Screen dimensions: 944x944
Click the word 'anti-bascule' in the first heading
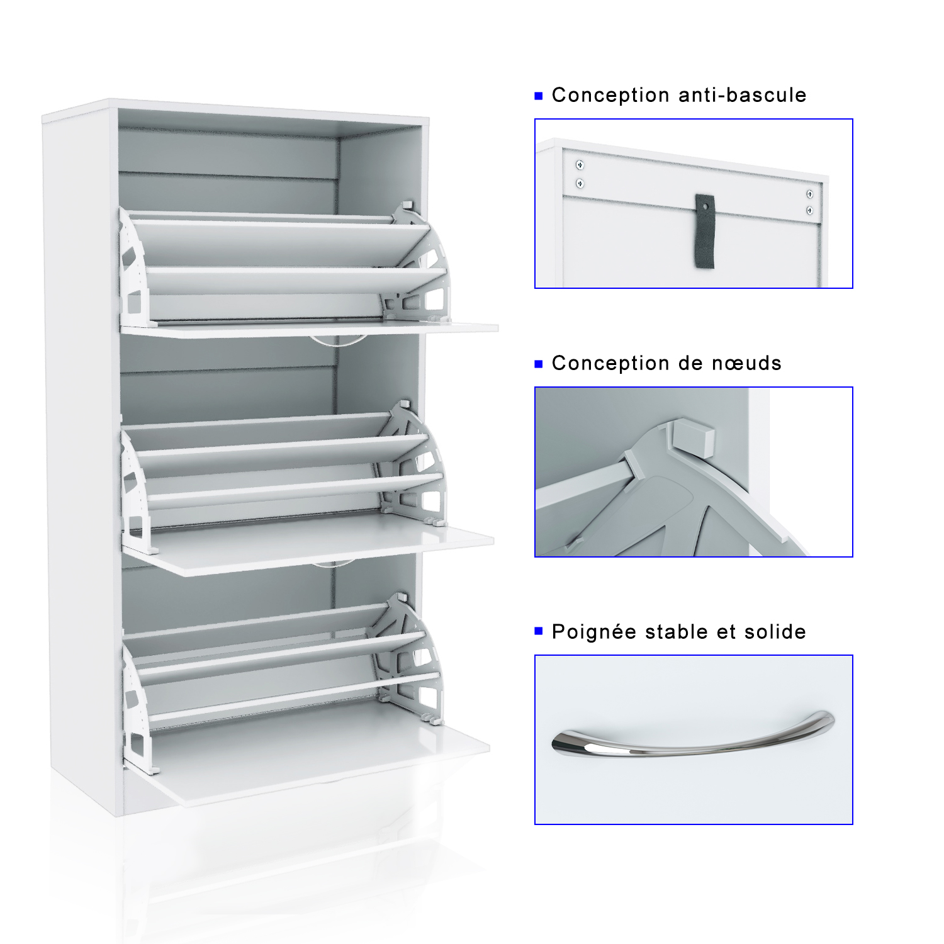[x=743, y=95]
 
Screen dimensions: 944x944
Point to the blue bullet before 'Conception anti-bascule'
[x=538, y=96]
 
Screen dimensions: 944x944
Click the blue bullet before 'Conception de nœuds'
[x=538, y=364]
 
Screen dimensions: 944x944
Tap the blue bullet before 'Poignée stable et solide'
[x=538, y=631]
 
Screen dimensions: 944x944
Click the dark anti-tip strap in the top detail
[x=705, y=231]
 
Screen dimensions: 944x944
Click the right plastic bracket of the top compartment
[x=419, y=264]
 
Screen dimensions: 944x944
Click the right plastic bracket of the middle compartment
[x=413, y=466]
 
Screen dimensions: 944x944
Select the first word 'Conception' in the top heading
[x=610, y=96]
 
